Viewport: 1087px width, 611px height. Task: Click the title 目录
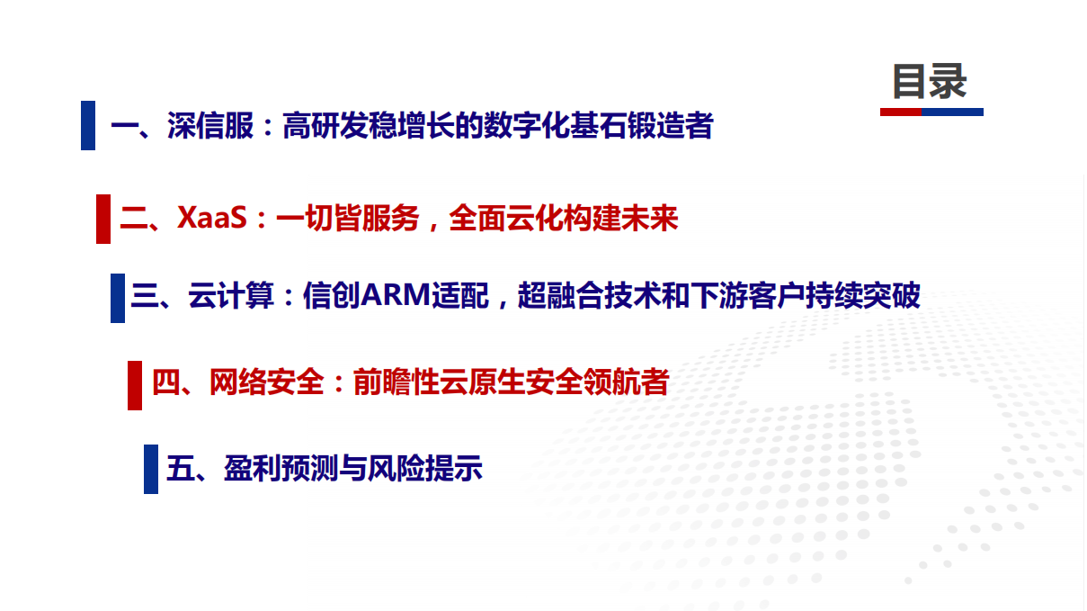[930, 81]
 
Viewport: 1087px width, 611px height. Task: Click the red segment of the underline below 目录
[901, 112]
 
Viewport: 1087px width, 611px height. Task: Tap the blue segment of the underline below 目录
[953, 112]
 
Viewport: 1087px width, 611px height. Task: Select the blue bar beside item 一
[88, 125]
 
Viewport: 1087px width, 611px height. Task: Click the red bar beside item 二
[103, 219]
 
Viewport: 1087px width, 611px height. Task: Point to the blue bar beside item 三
[118, 297]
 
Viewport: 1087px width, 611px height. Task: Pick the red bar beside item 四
[135, 384]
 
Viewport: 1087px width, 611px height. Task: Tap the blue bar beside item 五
[151, 469]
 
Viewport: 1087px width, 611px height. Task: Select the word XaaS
[211, 219]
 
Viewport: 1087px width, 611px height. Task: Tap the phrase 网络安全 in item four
[266, 382]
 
